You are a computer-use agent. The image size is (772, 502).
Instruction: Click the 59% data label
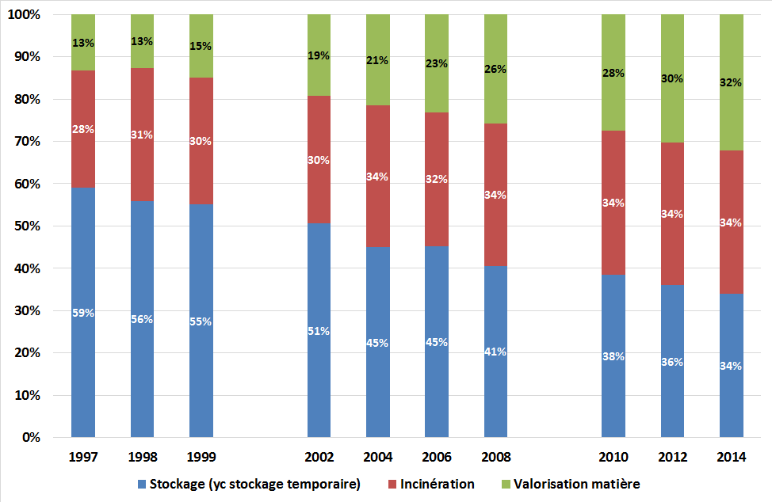coord(82,313)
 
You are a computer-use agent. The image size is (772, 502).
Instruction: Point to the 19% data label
coord(319,55)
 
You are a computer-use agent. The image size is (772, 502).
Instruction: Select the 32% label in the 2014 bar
coord(731,82)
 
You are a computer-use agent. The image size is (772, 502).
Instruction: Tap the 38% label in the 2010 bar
coord(613,356)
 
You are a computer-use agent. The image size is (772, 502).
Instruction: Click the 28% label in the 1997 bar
coord(82,129)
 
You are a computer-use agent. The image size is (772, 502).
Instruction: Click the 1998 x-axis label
coord(142,457)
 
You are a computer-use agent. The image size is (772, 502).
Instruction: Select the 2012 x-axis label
coord(672,457)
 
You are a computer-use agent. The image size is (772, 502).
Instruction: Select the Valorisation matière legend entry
coord(575,484)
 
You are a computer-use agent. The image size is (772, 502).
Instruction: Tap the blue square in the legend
coord(142,484)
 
